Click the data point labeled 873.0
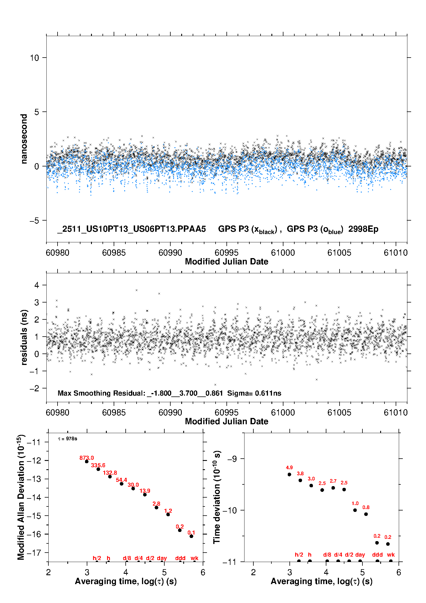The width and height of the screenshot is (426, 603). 87,461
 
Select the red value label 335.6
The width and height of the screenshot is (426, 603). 98,465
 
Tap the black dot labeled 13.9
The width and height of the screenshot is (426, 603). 145,495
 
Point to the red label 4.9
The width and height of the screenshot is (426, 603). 289,468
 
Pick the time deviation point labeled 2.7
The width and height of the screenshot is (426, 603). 333,488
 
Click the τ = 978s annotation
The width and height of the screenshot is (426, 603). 68,439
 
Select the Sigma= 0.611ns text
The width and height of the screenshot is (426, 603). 254,393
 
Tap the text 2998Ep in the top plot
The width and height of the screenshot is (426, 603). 363,229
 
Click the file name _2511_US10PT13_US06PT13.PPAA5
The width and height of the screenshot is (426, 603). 132,229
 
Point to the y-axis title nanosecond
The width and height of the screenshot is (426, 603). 24,139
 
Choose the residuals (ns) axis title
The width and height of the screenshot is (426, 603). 24,337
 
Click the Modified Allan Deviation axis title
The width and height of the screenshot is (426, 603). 21,497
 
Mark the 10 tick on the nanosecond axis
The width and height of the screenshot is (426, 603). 34,58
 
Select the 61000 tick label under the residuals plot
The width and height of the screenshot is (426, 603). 283,413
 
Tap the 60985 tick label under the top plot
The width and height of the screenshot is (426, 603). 114,253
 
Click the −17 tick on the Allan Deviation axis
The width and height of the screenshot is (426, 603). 34,553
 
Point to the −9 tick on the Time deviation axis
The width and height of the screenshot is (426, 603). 232,459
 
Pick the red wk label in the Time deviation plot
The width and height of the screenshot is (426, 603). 391,555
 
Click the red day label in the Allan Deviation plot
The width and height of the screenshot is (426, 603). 162,558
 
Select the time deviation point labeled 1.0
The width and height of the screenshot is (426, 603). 355,510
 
